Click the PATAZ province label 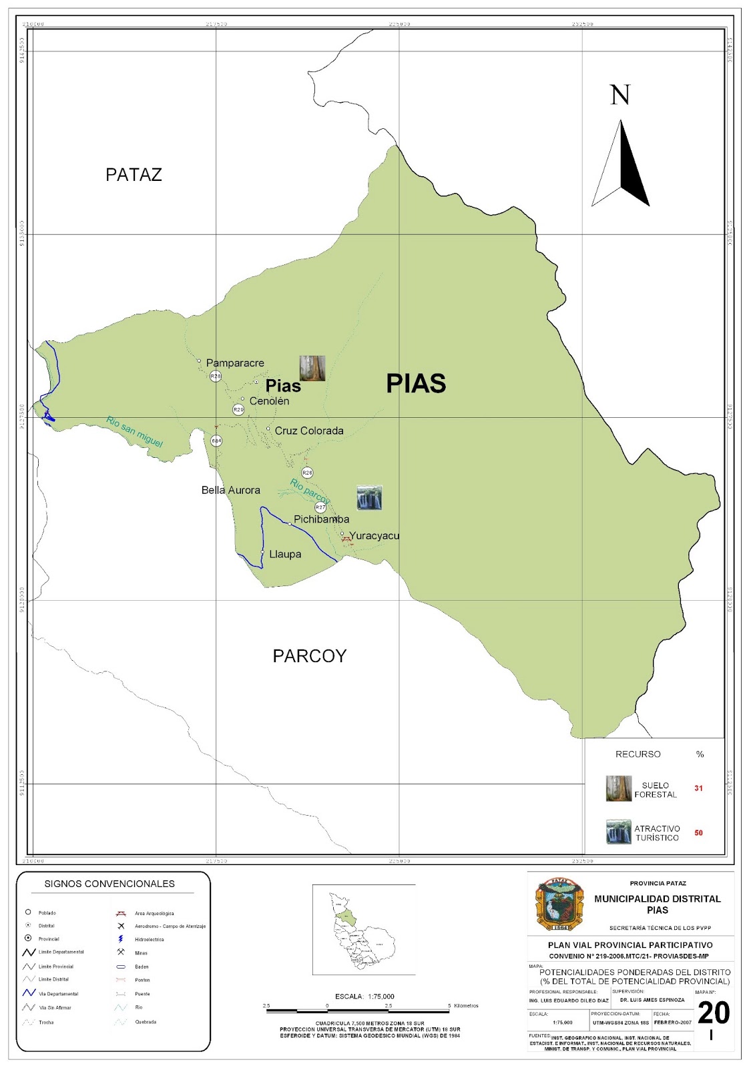click(x=134, y=175)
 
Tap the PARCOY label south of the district click(x=310, y=656)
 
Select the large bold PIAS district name click(x=416, y=384)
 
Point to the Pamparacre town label click(x=235, y=363)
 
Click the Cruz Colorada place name click(x=309, y=431)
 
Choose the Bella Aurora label click(x=231, y=490)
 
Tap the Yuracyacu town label click(x=374, y=535)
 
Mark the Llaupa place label click(x=285, y=554)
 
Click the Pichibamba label click(x=322, y=519)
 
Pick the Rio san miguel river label click(x=134, y=432)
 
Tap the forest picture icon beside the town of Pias click(x=312, y=368)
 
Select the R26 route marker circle click(x=307, y=473)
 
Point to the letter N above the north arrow click(x=620, y=95)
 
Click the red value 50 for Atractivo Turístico click(x=698, y=833)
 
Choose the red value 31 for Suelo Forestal click(x=698, y=788)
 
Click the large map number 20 click(x=714, y=1013)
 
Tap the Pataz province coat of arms click(x=560, y=904)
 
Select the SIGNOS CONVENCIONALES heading click(x=109, y=884)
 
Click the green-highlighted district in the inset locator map click(x=344, y=916)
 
